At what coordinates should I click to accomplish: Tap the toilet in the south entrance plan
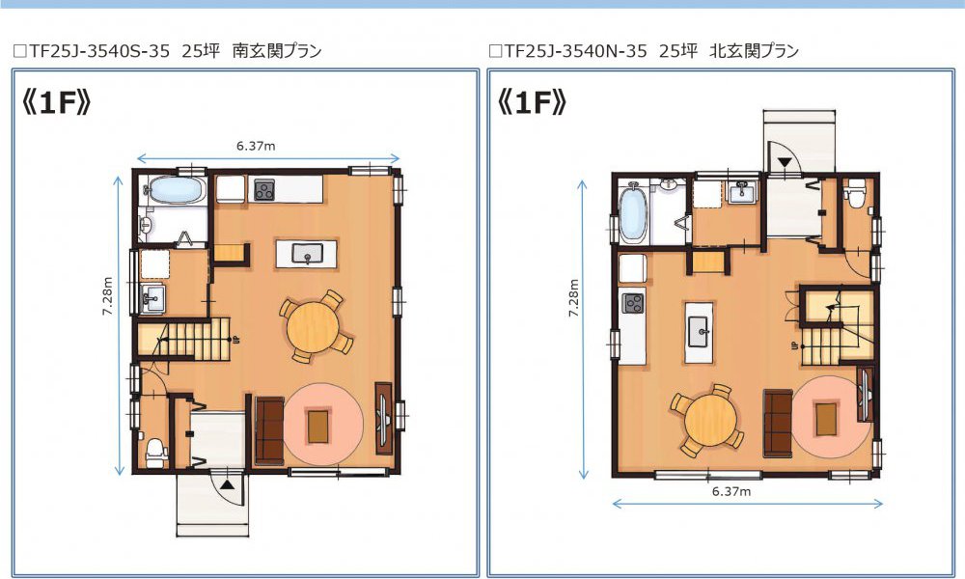[x=155, y=451]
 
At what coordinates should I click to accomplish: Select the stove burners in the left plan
[x=265, y=189]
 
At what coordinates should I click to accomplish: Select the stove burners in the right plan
[x=633, y=303]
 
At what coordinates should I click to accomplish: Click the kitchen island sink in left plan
[x=307, y=254]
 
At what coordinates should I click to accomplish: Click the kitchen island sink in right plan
[x=700, y=332]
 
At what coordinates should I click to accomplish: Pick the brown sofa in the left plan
[x=269, y=431]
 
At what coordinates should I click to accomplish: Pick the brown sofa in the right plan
[x=778, y=424]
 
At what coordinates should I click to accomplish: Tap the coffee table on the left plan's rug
[x=318, y=427]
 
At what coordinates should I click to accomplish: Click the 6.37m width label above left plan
[x=256, y=146]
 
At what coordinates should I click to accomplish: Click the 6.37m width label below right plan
[x=731, y=491]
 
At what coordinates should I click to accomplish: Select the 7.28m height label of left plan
[x=108, y=296]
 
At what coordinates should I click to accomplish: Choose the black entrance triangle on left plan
[x=228, y=484]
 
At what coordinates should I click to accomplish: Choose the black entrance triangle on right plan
[x=785, y=162]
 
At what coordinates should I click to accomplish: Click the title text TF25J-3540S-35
[x=99, y=51]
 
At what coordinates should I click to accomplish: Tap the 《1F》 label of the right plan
[x=532, y=102]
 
